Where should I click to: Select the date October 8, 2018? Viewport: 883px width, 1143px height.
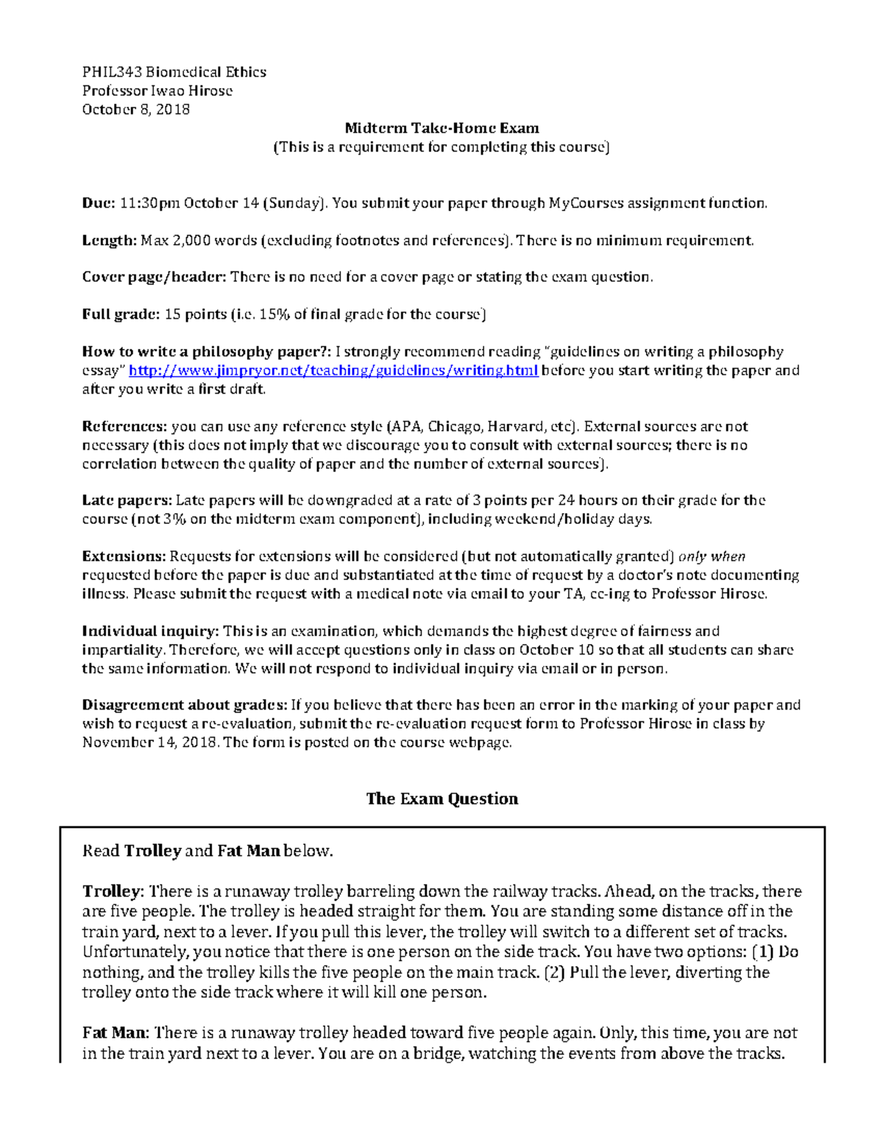click(x=136, y=110)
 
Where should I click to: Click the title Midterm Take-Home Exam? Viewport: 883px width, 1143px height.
click(x=441, y=128)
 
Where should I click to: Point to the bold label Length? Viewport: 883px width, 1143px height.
click(x=110, y=240)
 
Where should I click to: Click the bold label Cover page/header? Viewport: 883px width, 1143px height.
click(x=154, y=277)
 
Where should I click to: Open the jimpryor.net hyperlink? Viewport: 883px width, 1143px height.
click(x=333, y=371)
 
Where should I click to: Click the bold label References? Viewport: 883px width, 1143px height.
click(x=125, y=427)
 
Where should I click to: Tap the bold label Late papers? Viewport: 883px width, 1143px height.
click(x=127, y=500)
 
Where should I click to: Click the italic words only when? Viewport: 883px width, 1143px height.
click(x=712, y=556)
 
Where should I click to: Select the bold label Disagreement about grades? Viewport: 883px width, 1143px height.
click(x=185, y=705)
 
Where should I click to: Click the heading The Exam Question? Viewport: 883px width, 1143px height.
click(x=441, y=799)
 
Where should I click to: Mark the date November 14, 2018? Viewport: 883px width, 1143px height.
click(x=150, y=743)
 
